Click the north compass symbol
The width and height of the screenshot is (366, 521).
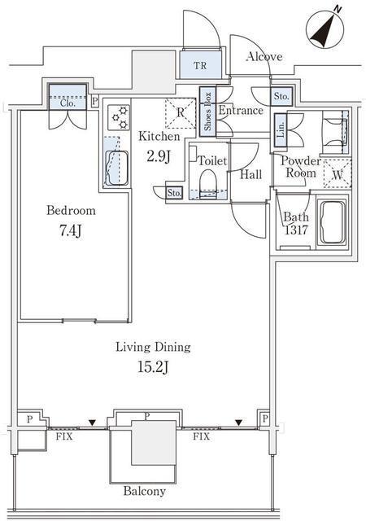coord(325,29)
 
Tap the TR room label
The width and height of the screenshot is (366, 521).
coord(200,65)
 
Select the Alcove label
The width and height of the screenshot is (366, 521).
coord(264,56)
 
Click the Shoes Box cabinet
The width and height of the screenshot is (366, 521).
coord(207,112)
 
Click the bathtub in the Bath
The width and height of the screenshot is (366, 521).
coord(332,221)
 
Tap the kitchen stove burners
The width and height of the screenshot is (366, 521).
coord(119,117)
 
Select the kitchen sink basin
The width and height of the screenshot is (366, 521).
coord(116,168)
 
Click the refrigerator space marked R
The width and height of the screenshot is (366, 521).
coord(181,113)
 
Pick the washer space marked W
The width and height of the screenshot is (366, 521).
coord(337,174)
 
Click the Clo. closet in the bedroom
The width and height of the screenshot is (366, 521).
coord(68,97)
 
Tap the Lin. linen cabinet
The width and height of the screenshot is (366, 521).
coord(281,130)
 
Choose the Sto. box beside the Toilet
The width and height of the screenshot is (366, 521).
coord(174,193)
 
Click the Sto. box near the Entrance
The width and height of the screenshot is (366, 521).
coord(281,96)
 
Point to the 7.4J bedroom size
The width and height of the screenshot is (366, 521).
coord(71,230)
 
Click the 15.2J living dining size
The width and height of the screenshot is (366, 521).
coord(153,367)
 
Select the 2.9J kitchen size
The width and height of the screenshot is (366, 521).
coord(159,156)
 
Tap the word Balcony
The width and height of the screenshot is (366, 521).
coord(145,491)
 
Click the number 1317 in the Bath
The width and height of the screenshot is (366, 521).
coord(296,230)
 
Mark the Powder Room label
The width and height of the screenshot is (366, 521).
coord(301,167)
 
